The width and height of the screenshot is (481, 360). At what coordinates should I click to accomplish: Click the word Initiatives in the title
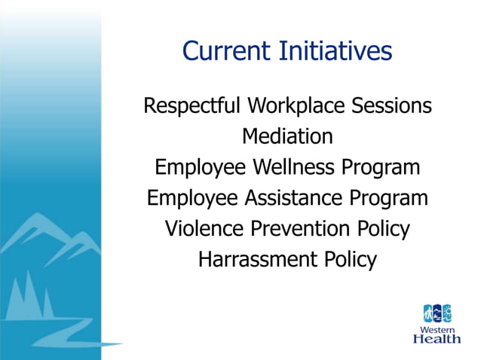point(334,51)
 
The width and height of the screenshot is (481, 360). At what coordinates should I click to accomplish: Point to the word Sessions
point(392,105)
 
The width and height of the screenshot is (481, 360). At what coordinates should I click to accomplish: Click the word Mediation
point(287,136)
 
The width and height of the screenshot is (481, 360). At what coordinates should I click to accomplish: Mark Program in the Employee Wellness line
point(383,168)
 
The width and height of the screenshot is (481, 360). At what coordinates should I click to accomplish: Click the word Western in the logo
point(438,328)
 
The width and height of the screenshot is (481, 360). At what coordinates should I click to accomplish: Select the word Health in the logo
point(437,339)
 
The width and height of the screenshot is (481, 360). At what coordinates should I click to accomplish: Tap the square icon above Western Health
point(437,313)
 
